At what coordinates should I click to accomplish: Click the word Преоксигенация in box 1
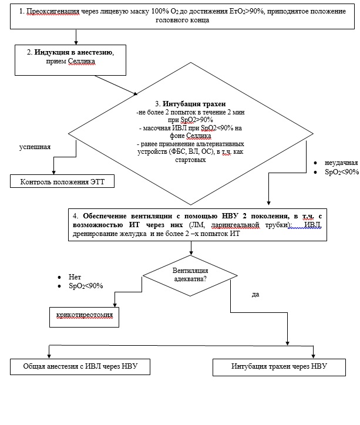point(53,11)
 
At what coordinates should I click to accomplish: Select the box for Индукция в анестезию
point(70,60)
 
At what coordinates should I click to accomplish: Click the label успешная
point(35,147)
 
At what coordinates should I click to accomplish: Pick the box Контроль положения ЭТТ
point(62,181)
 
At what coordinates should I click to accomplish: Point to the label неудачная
point(341,163)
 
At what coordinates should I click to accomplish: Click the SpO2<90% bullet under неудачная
point(342,172)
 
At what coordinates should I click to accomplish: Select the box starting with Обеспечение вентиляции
point(198,225)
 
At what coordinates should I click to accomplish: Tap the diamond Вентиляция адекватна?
point(190,276)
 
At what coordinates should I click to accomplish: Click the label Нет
point(75,277)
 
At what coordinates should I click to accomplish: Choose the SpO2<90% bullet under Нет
point(86,286)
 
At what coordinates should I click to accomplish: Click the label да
point(255,294)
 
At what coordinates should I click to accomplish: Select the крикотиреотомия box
point(85,317)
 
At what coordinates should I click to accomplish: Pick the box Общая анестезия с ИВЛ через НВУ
point(80,367)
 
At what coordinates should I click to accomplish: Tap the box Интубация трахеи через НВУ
point(279,367)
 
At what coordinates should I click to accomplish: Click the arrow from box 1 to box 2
point(76,37)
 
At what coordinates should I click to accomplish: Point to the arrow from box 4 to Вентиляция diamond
point(191,248)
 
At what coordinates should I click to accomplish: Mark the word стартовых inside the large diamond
point(190,160)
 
